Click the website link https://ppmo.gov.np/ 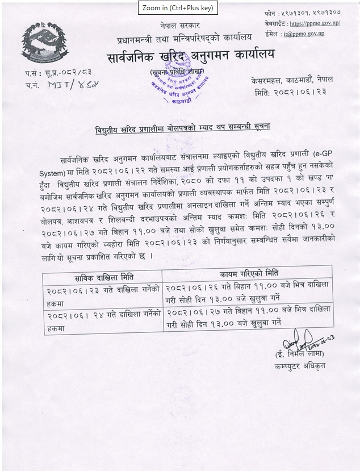tap(314, 24)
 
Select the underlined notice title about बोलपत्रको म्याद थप tap(182, 128)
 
